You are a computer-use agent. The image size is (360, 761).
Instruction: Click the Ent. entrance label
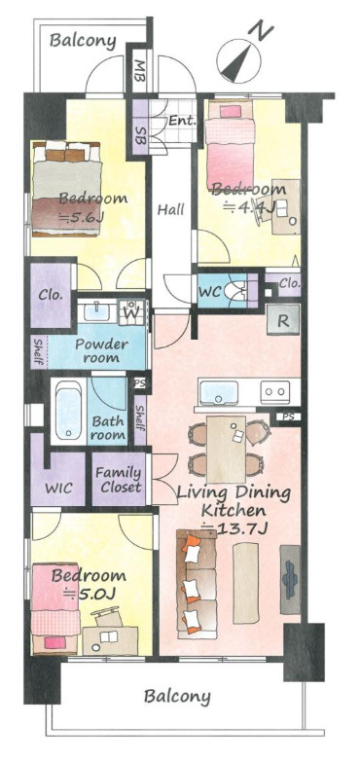pos(182,121)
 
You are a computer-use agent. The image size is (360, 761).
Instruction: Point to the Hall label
pos(171,210)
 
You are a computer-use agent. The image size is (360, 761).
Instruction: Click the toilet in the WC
pos(236,291)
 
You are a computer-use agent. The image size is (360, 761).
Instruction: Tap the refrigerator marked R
pos(283,319)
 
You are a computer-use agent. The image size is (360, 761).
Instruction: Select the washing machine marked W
pos(131,312)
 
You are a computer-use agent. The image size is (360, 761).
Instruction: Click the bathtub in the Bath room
pos(69,410)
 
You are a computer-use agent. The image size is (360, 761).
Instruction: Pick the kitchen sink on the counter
pos(219,392)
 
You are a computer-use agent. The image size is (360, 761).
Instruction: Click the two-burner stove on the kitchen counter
pos(274,392)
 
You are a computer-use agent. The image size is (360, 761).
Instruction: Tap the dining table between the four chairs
pos(226,449)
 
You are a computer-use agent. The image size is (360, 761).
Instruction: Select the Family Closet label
pos(119,480)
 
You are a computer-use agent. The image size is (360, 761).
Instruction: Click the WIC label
pos(58,488)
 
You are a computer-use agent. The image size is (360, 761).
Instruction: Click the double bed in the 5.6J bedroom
pos(67,189)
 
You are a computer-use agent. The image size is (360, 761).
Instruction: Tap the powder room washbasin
pos(97,311)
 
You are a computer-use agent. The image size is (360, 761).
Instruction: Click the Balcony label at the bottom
pos(177,697)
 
